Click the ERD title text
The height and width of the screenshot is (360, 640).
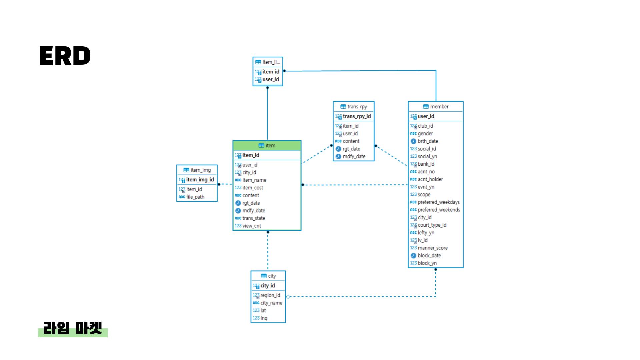point(65,56)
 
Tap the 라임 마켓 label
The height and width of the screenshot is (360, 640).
point(73,329)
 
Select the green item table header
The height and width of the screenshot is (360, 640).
point(267,146)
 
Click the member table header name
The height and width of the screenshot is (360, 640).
point(439,107)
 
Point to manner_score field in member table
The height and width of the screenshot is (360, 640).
point(432,248)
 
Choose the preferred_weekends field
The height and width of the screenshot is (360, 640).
point(439,210)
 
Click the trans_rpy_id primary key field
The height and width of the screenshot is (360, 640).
point(357,116)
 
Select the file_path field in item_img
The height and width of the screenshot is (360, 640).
point(195,197)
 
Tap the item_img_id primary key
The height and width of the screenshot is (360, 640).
point(200,180)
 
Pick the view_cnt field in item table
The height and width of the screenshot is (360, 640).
point(252,226)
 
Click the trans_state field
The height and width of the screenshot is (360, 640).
point(254,218)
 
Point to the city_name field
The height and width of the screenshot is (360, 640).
point(271,303)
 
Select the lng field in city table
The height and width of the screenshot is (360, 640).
point(264,318)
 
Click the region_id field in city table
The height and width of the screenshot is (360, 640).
point(270,295)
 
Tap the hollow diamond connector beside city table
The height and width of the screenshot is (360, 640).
point(288,297)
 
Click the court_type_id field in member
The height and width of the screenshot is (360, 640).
point(432,225)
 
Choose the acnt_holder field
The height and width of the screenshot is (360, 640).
point(430,179)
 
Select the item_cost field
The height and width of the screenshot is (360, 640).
point(253,188)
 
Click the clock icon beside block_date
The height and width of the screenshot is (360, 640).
point(413,256)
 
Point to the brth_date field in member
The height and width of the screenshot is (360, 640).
point(428,141)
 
